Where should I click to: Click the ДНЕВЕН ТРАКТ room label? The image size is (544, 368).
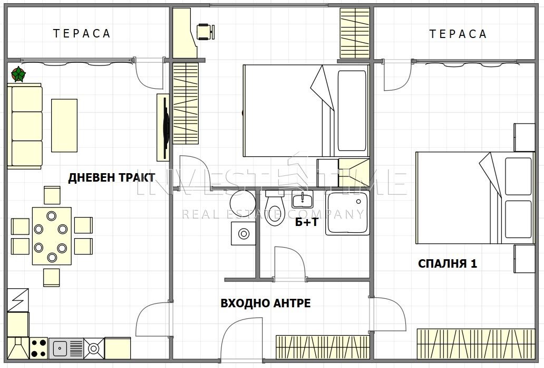click(111, 177)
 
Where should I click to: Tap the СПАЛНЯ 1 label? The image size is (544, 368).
click(448, 264)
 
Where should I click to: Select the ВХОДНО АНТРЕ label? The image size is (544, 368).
click(266, 304)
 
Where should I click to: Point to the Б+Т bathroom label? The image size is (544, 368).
click(306, 222)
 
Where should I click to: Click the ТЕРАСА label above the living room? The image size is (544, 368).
click(82, 33)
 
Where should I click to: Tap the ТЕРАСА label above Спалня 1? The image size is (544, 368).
click(458, 34)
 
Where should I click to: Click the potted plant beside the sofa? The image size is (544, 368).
click(18, 74)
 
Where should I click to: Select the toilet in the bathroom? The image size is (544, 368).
click(275, 208)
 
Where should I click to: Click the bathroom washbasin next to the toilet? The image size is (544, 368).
click(302, 199)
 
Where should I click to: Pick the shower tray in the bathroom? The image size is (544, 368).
click(347, 213)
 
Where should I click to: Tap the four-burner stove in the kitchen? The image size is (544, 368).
click(38, 348)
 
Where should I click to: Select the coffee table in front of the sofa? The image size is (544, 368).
click(64, 126)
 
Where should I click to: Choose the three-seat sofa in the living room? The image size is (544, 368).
click(25, 126)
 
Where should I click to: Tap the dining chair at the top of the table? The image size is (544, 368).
click(52, 195)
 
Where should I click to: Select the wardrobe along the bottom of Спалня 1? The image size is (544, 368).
click(476, 344)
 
